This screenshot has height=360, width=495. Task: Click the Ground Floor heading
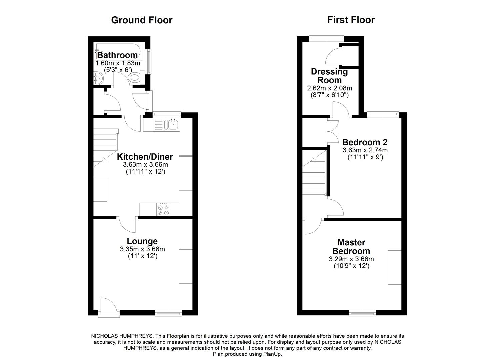tap(142, 20)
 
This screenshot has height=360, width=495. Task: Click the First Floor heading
tap(351, 20)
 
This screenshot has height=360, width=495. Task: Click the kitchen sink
tap(173, 125)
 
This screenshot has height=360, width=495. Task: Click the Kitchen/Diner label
tap(145, 157)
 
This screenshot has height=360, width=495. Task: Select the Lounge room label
tap(142, 241)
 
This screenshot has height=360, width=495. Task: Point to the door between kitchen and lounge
tap(128, 224)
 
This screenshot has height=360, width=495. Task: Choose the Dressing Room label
tap(329, 76)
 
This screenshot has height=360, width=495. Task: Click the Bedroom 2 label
tap(365, 142)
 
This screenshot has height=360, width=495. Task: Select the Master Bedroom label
tap(351, 247)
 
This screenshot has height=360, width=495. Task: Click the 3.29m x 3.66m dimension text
tap(351, 259)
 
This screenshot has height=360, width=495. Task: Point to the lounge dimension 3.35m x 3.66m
tap(142, 249)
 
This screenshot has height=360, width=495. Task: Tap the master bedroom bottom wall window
tap(362, 313)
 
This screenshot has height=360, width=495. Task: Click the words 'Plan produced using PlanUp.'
tap(247, 354)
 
